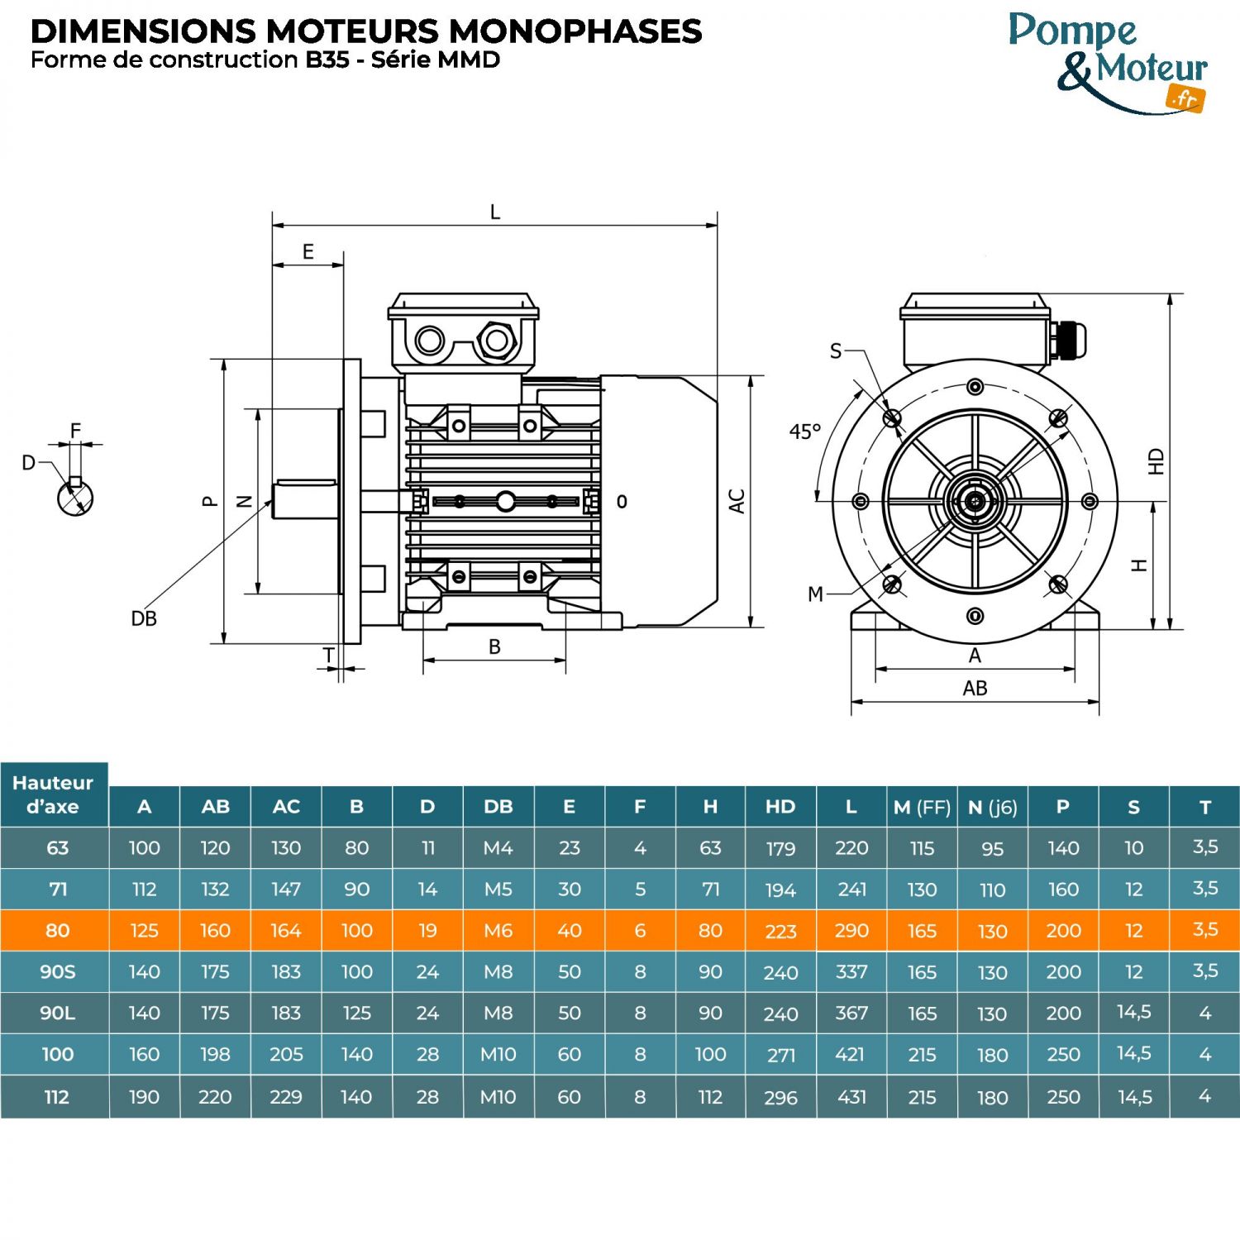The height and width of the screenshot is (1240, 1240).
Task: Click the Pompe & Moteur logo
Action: coord(1109,63)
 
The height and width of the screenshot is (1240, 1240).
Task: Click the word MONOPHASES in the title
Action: coord(575,31)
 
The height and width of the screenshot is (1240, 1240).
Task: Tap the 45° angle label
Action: coord(804,432)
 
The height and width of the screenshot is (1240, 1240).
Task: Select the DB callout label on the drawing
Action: coord(144,618)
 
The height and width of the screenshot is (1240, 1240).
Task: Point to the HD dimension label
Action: coord(1157,461)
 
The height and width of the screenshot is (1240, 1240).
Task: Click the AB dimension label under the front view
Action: coord(975,688)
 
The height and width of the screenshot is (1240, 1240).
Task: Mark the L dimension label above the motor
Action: coord(495,212)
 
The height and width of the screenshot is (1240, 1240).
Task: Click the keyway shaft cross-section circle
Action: coord(75,497)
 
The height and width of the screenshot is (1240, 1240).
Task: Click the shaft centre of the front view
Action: coord(975,501)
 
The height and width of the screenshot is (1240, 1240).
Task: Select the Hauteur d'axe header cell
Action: coord(54,794)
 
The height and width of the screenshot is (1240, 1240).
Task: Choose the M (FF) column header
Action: coord(922,807)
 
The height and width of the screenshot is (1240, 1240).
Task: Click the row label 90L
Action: coord(57,1013)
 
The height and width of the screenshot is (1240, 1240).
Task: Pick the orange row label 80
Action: coord(57,930)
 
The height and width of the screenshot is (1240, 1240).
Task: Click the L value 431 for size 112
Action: coord(851,1097)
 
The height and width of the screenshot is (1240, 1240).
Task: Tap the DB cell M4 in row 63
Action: coord(498,848)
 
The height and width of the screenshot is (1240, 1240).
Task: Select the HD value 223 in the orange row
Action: coord(780,932)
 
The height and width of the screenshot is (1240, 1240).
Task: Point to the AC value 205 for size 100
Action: coord(286,1055)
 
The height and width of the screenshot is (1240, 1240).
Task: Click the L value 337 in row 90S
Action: coord(851,971)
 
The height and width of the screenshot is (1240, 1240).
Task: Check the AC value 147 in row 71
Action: coord(286,889)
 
